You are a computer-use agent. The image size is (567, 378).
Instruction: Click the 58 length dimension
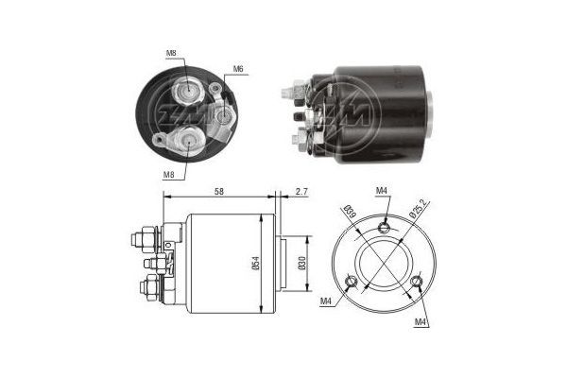point(218,192)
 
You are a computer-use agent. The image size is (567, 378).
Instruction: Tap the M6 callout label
point(239,68)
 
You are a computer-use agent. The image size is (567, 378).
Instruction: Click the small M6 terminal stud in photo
point(225,115)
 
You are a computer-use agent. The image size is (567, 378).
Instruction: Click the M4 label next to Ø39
point(382,193)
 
